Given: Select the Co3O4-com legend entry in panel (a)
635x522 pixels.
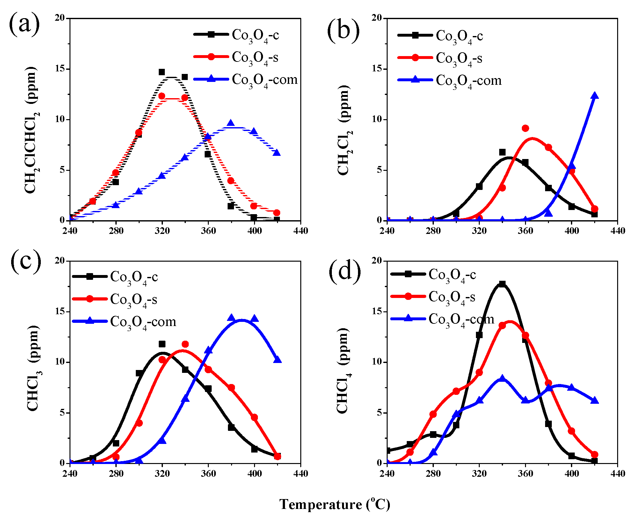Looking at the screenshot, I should pos(245,80).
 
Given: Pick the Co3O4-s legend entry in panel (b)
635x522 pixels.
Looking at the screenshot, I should pos(440,58).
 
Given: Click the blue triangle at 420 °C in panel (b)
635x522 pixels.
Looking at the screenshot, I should pos(595,96).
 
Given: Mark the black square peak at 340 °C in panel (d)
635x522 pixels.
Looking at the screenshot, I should pos(502,284).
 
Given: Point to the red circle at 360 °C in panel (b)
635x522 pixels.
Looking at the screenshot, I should pos(525,128).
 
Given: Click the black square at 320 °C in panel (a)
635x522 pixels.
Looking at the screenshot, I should pos(162,72).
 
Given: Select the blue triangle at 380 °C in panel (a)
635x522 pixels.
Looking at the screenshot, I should pos(231,123).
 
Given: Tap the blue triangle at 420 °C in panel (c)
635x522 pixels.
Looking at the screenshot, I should pos(277,359).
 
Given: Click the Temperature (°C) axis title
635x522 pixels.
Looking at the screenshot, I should pos(334,504).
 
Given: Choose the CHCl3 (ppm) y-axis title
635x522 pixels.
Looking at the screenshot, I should pos(33,368).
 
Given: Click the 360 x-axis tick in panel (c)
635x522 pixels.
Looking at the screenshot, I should pos(208,473).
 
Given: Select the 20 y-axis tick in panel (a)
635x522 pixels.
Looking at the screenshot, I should pos(60,18).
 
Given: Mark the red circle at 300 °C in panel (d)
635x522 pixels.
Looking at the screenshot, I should pos(456,391).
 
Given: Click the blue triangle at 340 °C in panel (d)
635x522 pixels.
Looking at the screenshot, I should pos(502,378).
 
